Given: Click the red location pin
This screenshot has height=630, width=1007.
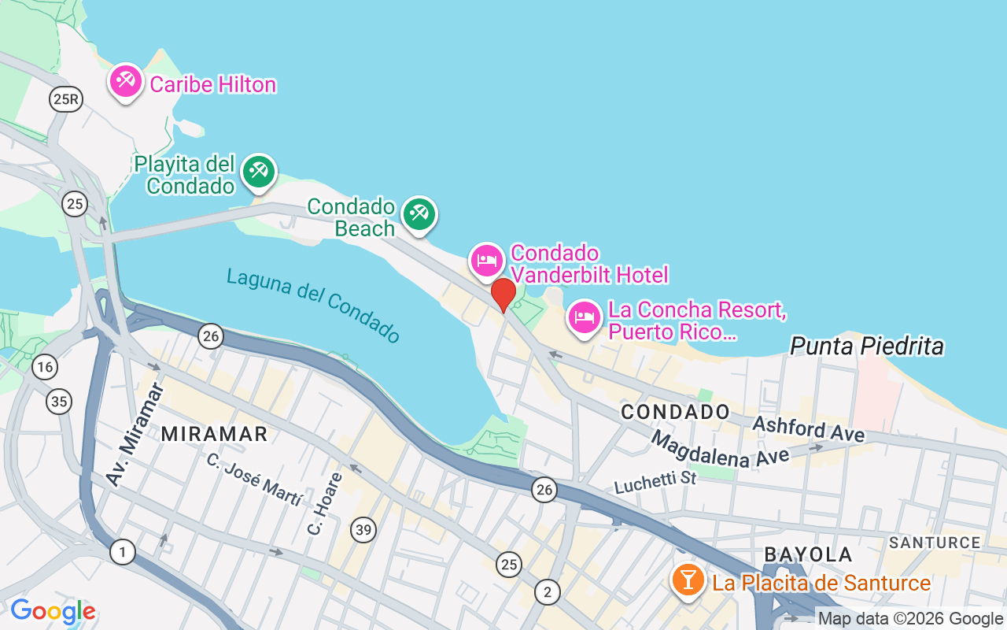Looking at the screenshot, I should point(503,295).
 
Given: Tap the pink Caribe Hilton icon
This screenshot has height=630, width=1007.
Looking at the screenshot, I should point(125,81).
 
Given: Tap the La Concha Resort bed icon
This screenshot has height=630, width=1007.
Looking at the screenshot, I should point(584,317).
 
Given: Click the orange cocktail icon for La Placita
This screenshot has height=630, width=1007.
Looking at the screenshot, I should point(688,580).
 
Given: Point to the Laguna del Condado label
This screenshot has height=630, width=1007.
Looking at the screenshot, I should point(313,306).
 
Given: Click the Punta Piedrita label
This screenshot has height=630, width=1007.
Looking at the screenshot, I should point(866,346).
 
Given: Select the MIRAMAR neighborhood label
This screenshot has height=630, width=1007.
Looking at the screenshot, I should point(214,434).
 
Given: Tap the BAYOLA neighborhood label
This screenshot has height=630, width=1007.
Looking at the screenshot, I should point(808,554).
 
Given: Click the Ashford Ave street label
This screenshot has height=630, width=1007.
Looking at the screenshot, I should point(808,429).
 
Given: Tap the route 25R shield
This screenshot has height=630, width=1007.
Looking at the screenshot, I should point(65,98).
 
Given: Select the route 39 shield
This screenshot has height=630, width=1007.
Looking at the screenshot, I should point(363,530).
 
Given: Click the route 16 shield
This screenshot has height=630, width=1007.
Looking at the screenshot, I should point(45,366).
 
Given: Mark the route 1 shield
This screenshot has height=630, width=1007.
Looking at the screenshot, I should point(122,552).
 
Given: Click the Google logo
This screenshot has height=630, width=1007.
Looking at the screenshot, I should point(53,611).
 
